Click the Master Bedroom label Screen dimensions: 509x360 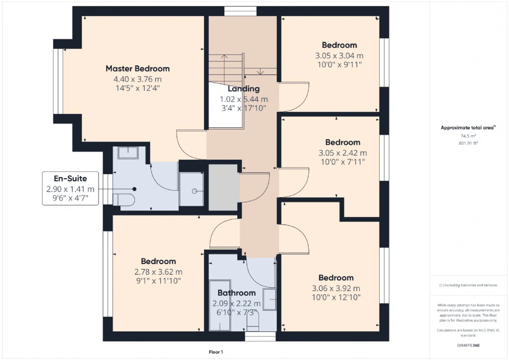(x=138, y=69)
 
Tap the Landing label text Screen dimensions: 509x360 (x=244, y=89)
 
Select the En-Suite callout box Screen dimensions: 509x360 (x=70, y=189)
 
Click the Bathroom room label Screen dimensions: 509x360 (x=237, y=293)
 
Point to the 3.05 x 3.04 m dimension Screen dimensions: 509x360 (x=339, y=56)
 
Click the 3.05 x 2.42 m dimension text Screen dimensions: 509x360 (x=343, y=153)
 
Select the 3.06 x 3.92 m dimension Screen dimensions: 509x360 (x=336, y=288)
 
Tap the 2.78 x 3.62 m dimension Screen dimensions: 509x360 (x=158, y=272)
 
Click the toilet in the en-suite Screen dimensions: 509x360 (x=124, y=200)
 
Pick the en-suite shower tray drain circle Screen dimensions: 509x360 (x=194, y=191)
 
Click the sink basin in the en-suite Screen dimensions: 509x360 (x=128, y=152)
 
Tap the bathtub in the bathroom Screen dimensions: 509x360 (x=220, y=305)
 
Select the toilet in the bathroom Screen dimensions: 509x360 (x=253, y=321)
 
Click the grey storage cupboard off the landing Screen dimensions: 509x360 (x=224, y=187)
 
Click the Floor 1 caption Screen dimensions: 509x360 (x=216, y=352)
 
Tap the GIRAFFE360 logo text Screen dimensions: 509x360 (x=468, y=345)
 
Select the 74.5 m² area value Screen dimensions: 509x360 (x=468, y=136)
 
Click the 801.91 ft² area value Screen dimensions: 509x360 (x=468, y=143)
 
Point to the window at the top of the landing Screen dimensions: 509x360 (x=241, y=11)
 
